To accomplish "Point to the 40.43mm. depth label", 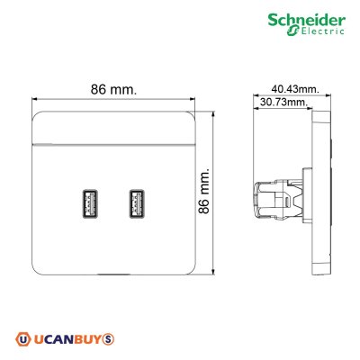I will [x=294, y=89].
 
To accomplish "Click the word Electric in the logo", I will [x=326, y=33].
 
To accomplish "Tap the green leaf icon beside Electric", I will [x=292, y=33].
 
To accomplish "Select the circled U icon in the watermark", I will [x=22, y=339].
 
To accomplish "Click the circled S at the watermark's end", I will [x=108, y=339].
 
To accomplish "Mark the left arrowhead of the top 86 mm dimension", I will [x=34, y=98].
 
